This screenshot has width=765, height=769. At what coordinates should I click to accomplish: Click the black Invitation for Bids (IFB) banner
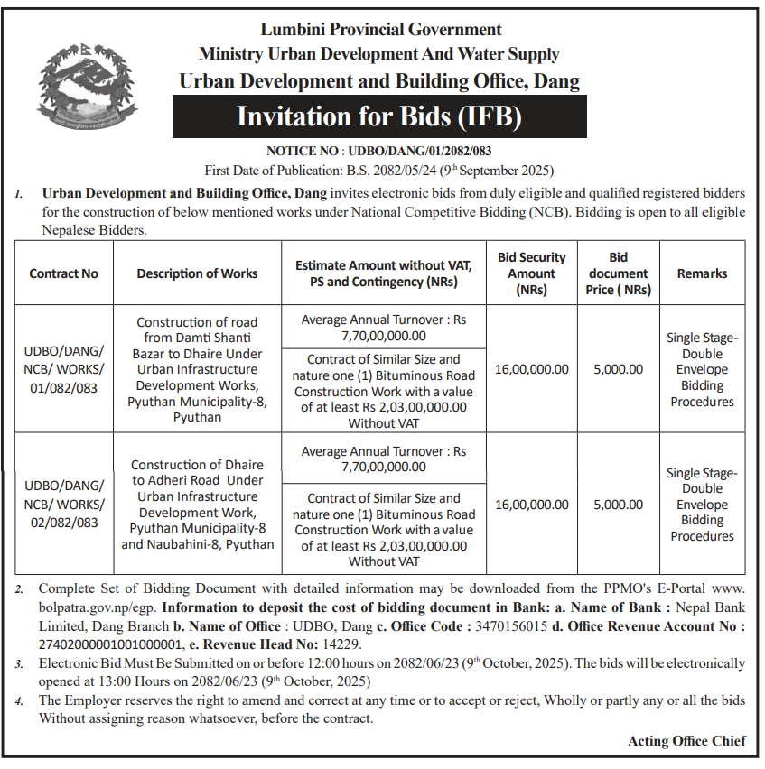pyautogui.click(x=379, y=116)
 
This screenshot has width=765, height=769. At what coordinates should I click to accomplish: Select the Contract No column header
pyautogui.click(x=63, y=273)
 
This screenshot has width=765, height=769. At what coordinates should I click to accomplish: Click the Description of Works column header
pyautogui.click(x=197, y=273)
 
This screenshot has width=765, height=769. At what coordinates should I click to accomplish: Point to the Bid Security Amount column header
pyautogui.click(x=532, y=273)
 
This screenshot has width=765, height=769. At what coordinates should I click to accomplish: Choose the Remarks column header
pyautogui.click(x=702, y=273)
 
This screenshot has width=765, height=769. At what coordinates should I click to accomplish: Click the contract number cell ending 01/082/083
pyautogui.click(x=63, y=369)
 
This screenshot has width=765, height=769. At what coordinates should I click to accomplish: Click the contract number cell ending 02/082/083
pyautogui.click(x=63, y=505)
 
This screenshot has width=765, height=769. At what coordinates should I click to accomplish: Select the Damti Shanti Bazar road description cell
pyautogui.click(x=197, y=370)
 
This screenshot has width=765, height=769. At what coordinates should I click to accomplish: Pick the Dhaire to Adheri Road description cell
pyautogui.click(x=197, y=505)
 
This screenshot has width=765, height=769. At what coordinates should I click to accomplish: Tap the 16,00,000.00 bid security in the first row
pyautogui.click(x=532, y=369)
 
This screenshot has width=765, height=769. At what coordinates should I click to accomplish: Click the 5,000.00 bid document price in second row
pyautogui.click(x=619, y=505)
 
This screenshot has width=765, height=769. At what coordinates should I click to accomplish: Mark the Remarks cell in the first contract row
pyautogui.click(x=702, y=369)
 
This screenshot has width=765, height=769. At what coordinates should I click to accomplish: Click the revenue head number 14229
pyautogui.click(x=340, y=644)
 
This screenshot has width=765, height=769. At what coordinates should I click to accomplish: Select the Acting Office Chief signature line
pyautogui.click(x=686, y=741)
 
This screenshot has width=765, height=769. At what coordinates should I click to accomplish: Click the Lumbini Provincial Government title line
pyautogui.click(x=379, y=31)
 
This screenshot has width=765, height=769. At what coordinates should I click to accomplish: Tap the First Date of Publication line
pyautogui.click(x=378, y=170)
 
